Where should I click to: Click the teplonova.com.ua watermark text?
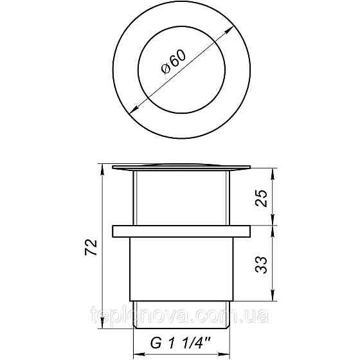[x=180, y=316]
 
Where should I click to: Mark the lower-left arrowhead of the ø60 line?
[x=132, y=112]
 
